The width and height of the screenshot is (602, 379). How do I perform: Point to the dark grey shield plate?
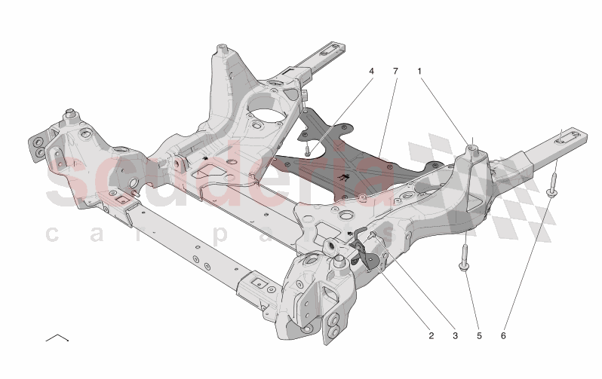coord(355,162)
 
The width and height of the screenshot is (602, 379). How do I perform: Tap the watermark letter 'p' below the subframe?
coord(217,235)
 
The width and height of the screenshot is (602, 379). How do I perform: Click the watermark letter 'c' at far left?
coord(53,235)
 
